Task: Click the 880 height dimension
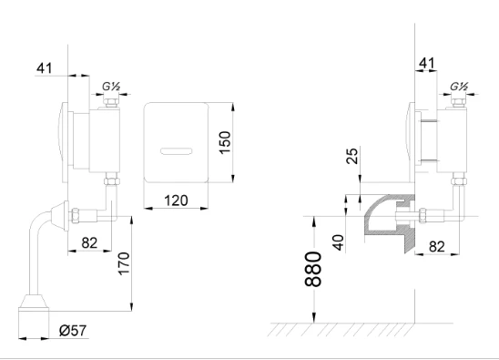(313, 269)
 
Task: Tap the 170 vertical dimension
(124, 263)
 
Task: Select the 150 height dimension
(225, 142)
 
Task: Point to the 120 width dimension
(176, 201)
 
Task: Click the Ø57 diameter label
(73, 330)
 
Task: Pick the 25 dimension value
(352, 156)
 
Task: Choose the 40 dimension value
(339, 242)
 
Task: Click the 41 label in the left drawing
(44, 68)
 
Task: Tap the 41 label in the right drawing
(427, 64)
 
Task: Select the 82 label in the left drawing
(89, 243)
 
